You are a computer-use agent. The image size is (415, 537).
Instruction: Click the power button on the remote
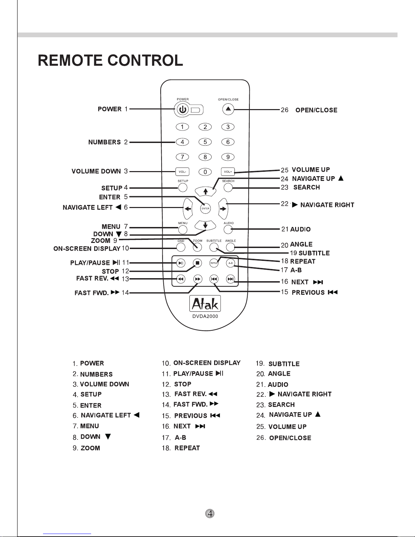182,109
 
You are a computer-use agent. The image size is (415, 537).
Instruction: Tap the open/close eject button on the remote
228,109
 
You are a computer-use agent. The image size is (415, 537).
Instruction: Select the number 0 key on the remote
205,172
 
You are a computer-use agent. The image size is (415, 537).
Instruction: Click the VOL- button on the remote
182,172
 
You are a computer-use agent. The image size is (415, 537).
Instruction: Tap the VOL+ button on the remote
228,172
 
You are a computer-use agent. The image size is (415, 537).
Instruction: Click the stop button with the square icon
198,263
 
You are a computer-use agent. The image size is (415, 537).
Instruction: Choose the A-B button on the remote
230,263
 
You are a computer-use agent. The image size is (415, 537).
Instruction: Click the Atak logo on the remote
205,304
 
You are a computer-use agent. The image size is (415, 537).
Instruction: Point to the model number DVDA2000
205,316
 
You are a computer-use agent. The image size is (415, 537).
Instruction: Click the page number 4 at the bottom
210,514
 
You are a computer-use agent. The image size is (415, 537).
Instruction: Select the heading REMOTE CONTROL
110,61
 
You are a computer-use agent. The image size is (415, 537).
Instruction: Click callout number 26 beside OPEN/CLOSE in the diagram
285,110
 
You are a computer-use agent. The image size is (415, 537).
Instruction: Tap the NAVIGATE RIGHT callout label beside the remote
327,205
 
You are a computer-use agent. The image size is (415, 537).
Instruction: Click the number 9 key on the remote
228,157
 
